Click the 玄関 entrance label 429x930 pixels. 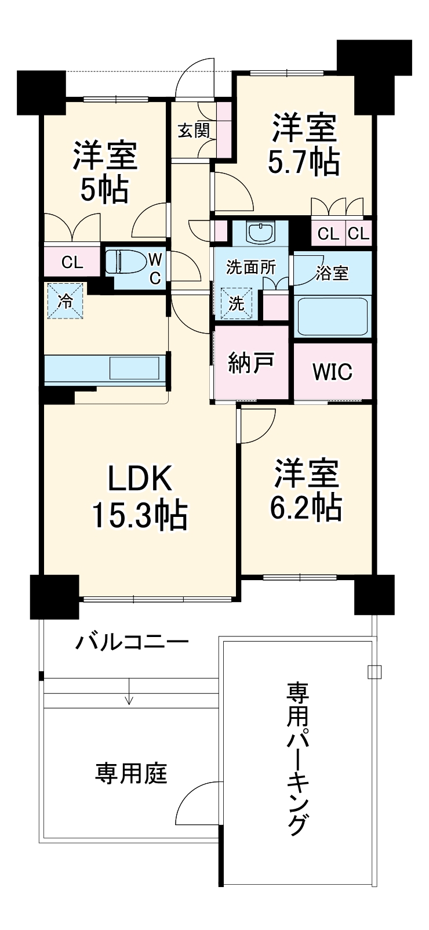[x=192, y=131]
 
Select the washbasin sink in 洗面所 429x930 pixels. [x=260, y=234]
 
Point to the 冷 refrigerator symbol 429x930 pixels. [x=66, y=301]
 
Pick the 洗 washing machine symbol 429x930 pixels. [x=236, y=303]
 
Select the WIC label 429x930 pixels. [x=332, y=372]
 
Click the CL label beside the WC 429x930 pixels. [x=72, y=262]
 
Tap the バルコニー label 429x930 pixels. [x=133, y=642]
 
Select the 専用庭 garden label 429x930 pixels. [x=132, y=773]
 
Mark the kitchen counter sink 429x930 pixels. [x=134, y=367]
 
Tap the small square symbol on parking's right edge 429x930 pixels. [x=375, y=672]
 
